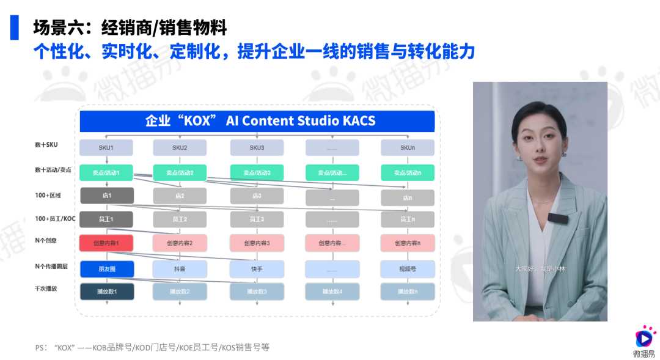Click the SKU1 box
[x=106, y=147]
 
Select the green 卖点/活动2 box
[x=180, y=173]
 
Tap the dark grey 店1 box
[x=106, y=196]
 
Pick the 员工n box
[x=408, y=219]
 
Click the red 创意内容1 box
[x=106, y=243]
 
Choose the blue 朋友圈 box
[x=106, y=269]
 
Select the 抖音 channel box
[x=180, y=269]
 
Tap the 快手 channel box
[x=257, y=269]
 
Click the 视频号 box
[x=408, y=269]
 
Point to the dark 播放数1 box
[x=106, y=292]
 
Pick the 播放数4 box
[x=332, y=292]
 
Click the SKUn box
[x=408, y=147]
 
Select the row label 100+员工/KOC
[x=55, y=218]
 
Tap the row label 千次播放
[x=46, y=288]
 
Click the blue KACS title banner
[x=257, y=121]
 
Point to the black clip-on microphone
[x=557, y=218]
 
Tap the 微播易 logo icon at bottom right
[x=643, y=337]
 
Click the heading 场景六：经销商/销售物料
[x=130, y=28]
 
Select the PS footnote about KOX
[x=152, y=347]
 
